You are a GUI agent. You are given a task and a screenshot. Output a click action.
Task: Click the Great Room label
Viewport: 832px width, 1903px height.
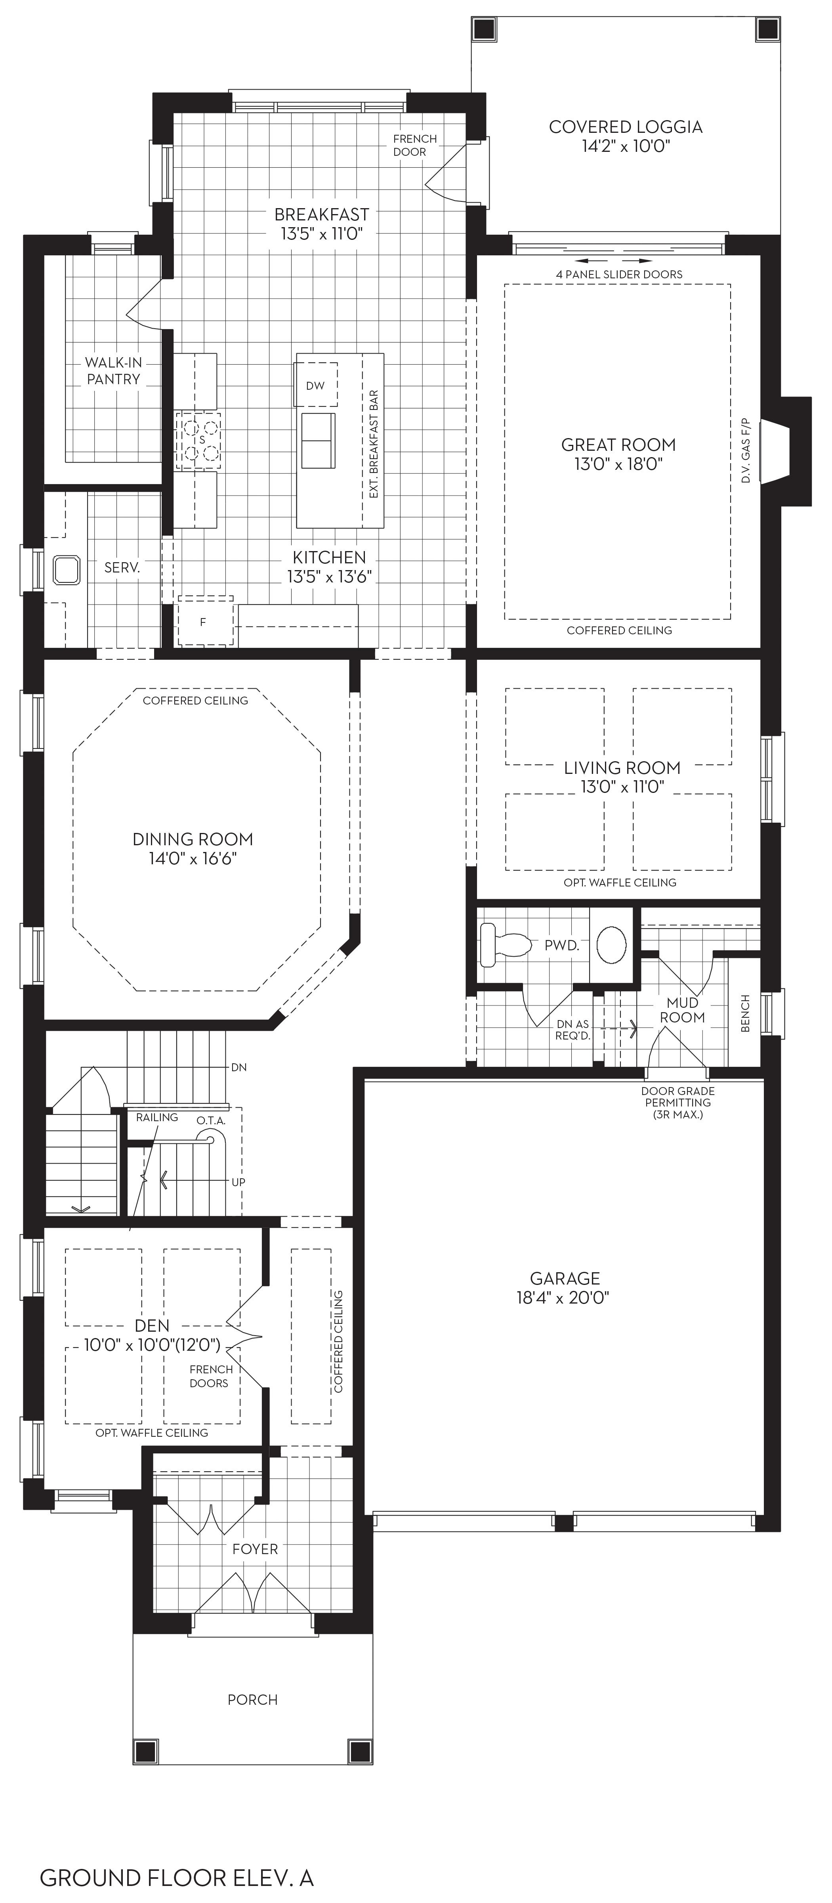point(618,445)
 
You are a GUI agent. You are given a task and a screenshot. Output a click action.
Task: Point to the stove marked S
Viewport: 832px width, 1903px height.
point(198,440)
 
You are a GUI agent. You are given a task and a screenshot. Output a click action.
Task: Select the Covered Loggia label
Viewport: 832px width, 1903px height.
point(625,127)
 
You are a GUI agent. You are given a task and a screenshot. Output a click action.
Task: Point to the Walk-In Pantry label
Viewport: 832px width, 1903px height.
point(113,371)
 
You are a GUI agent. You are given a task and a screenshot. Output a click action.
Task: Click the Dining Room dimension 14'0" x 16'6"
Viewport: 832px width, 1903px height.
point(193,858)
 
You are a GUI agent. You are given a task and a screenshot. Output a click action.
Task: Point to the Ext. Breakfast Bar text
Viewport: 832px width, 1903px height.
point(374,443)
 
